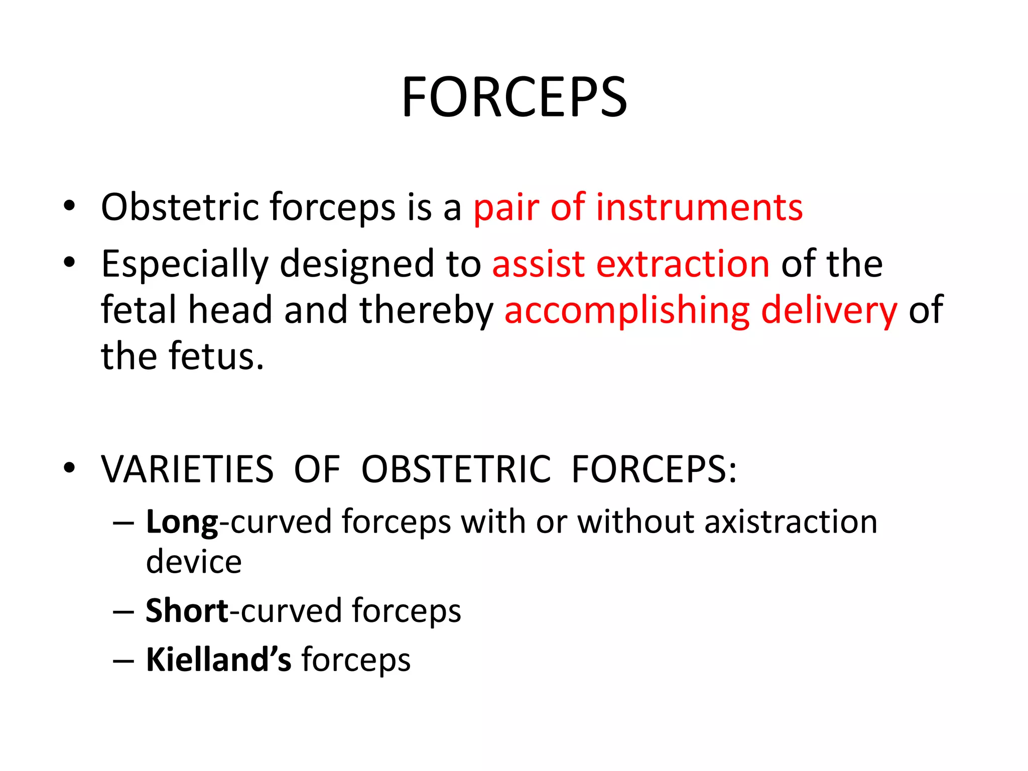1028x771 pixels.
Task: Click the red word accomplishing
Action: [626, 311]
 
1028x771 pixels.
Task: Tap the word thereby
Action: [427, 311]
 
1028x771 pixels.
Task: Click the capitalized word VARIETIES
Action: [187, 469]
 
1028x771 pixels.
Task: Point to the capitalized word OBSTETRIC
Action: [456, 469]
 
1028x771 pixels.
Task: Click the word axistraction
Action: [791, 522]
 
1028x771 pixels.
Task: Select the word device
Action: [194, 562]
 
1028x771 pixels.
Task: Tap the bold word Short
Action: [187, 611]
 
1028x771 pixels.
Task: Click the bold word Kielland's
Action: [218, 659]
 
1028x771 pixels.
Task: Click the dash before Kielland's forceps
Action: [123, 660]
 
